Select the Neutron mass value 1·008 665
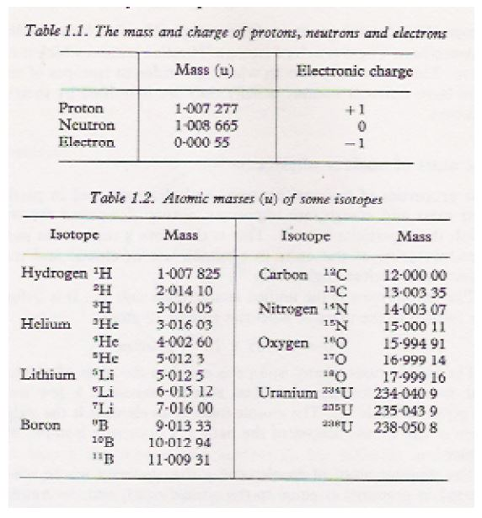point(206,125)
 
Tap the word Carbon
point(283,274)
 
